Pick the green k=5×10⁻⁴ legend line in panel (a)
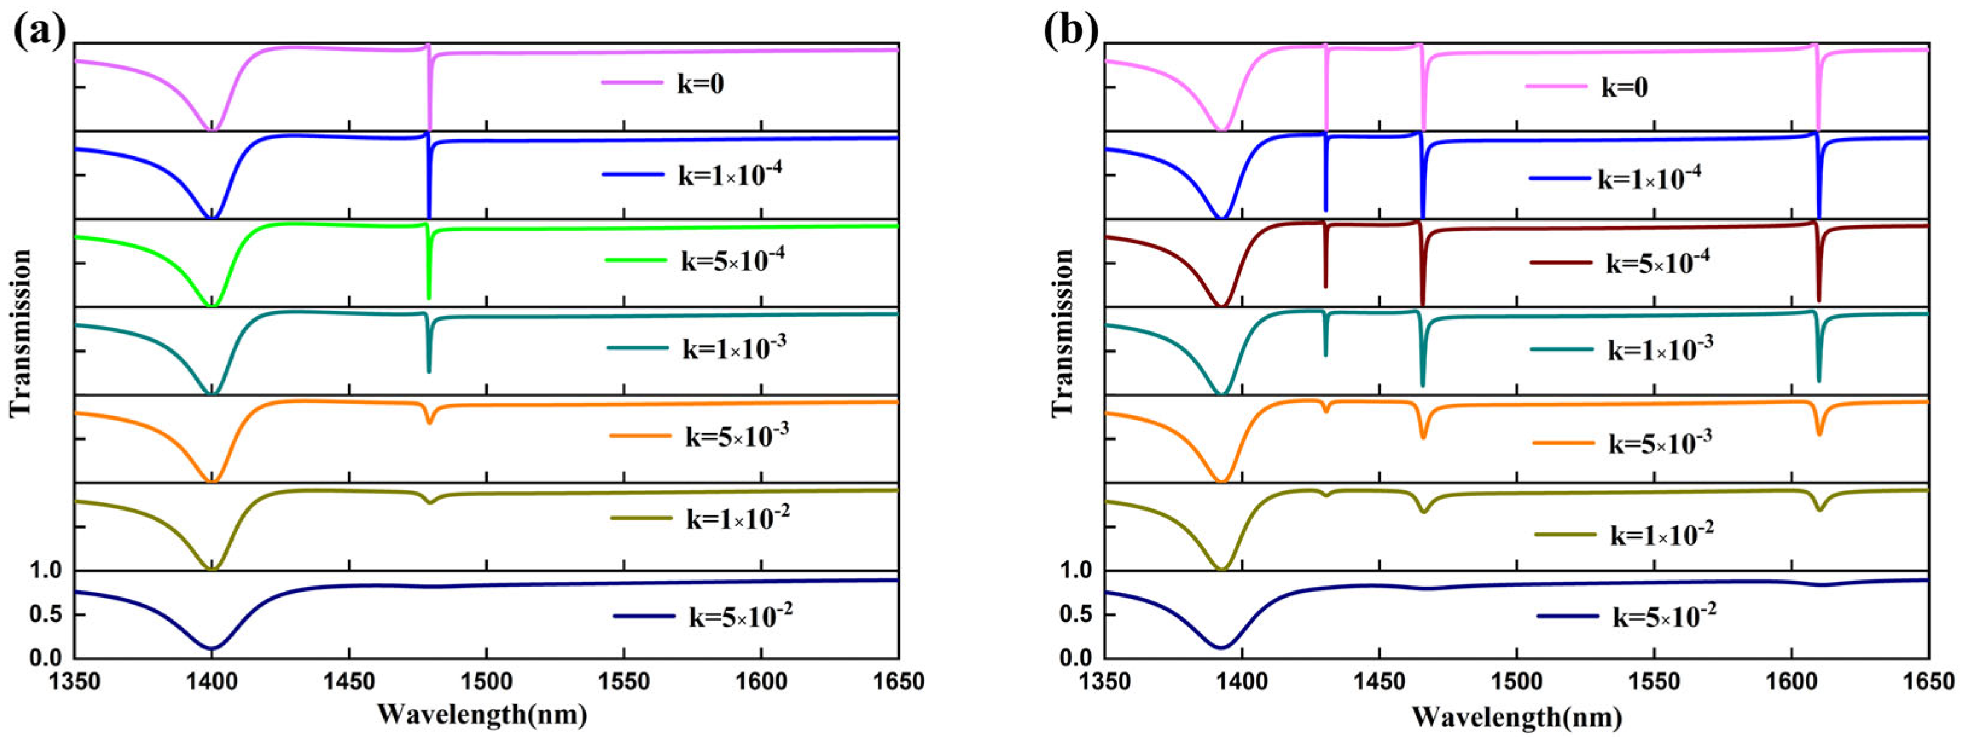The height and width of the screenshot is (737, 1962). point(636,260)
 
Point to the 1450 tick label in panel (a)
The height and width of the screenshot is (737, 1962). point(349,679)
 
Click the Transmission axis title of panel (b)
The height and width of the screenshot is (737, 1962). point(1062,333)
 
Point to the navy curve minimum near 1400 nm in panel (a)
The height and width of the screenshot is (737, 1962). point(212,648)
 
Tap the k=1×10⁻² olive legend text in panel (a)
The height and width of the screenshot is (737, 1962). point(738,518)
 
